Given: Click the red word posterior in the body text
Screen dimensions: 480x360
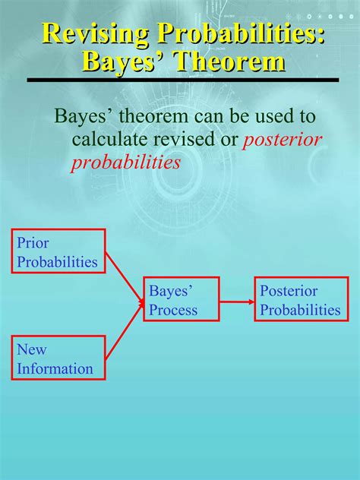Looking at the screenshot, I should pos(283,140).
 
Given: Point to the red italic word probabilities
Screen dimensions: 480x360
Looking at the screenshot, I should pos(125,163).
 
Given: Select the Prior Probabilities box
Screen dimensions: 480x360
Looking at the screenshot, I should pos(58,252).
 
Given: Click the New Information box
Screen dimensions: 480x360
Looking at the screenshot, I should pos(58,358).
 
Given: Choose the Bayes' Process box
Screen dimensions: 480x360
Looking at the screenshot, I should pos(182,299).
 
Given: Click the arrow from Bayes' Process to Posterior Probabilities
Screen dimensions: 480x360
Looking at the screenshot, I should pos(237,300).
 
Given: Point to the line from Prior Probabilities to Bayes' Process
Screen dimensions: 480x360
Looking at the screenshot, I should pos(123,276).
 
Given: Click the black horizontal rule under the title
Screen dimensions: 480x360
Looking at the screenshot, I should pos(182,79).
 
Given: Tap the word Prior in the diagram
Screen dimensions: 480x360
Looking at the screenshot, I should pos(33,243).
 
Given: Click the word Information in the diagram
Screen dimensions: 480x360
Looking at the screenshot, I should pos(55,369).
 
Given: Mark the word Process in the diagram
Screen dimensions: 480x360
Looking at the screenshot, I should pos(173,310).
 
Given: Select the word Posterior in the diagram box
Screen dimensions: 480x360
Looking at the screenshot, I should pos(289,291).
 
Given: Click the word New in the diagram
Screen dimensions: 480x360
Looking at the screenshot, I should pos(31,349).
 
